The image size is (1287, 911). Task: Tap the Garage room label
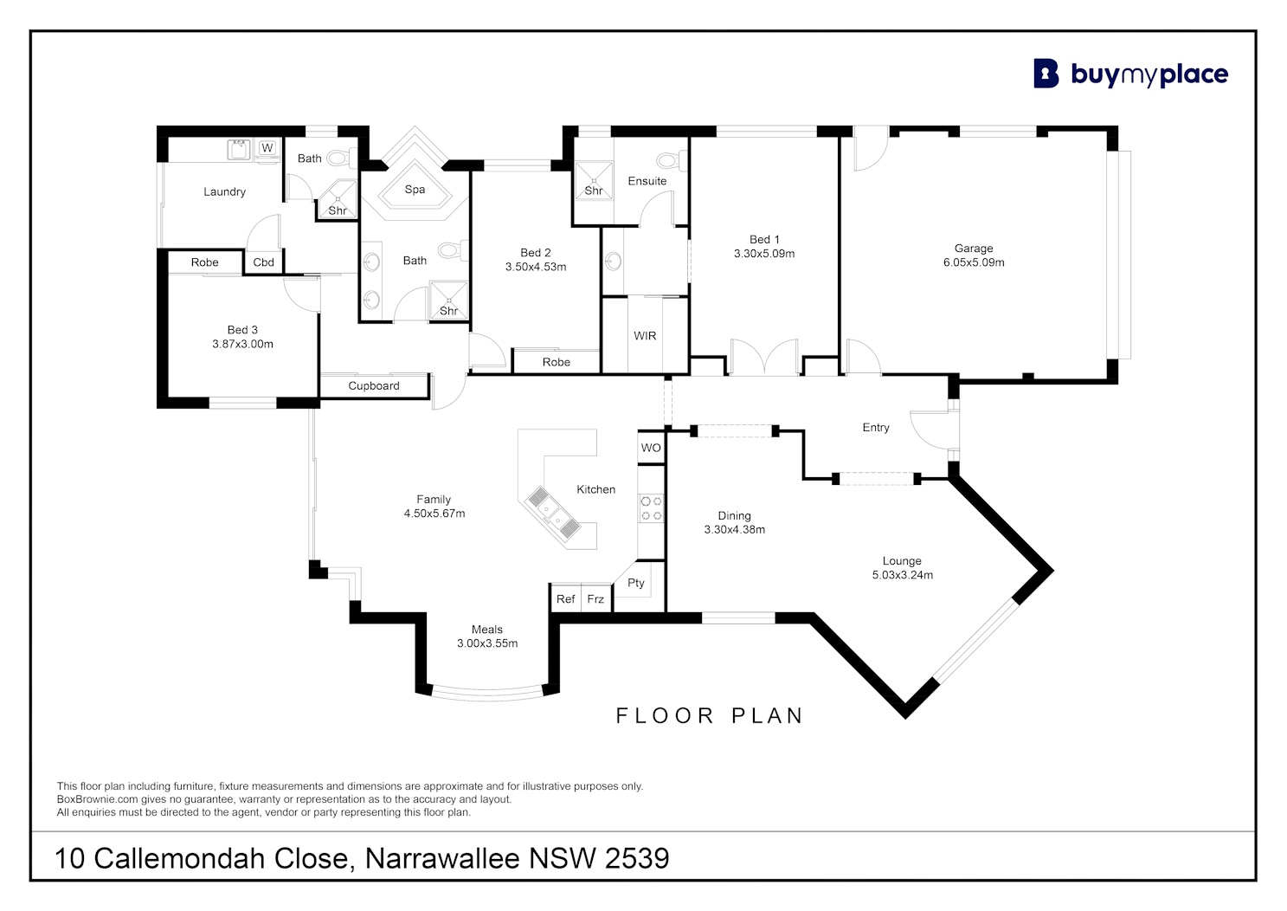tap(974, 249)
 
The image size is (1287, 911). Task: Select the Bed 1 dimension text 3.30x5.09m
tap(764, 254)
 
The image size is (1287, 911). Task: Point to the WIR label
tap(645, 336)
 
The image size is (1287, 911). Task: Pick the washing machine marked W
tap(267, 148)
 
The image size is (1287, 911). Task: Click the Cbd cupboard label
tap(264, 262)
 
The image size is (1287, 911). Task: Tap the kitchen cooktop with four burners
tap(652, 508)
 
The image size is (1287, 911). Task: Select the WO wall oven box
tap(651, 447)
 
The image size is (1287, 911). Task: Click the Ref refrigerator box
tap(566, 598)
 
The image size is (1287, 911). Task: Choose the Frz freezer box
tap(595, 598)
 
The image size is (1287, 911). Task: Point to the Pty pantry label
tap(635, 583)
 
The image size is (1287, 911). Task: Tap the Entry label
tap(876, 427)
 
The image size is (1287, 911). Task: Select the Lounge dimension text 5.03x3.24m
tap(902, 575)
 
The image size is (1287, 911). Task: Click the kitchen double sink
tap(551, 513)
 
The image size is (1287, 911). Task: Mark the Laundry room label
tap(224, 191)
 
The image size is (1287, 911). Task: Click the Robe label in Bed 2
tap(556, 362)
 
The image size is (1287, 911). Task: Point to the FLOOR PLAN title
tap(709, 715)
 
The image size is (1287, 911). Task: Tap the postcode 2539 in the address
tap(637, 858)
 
